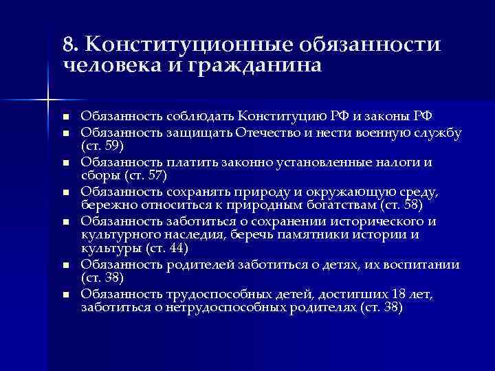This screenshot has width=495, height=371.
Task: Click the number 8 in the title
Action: pos(67,44)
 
